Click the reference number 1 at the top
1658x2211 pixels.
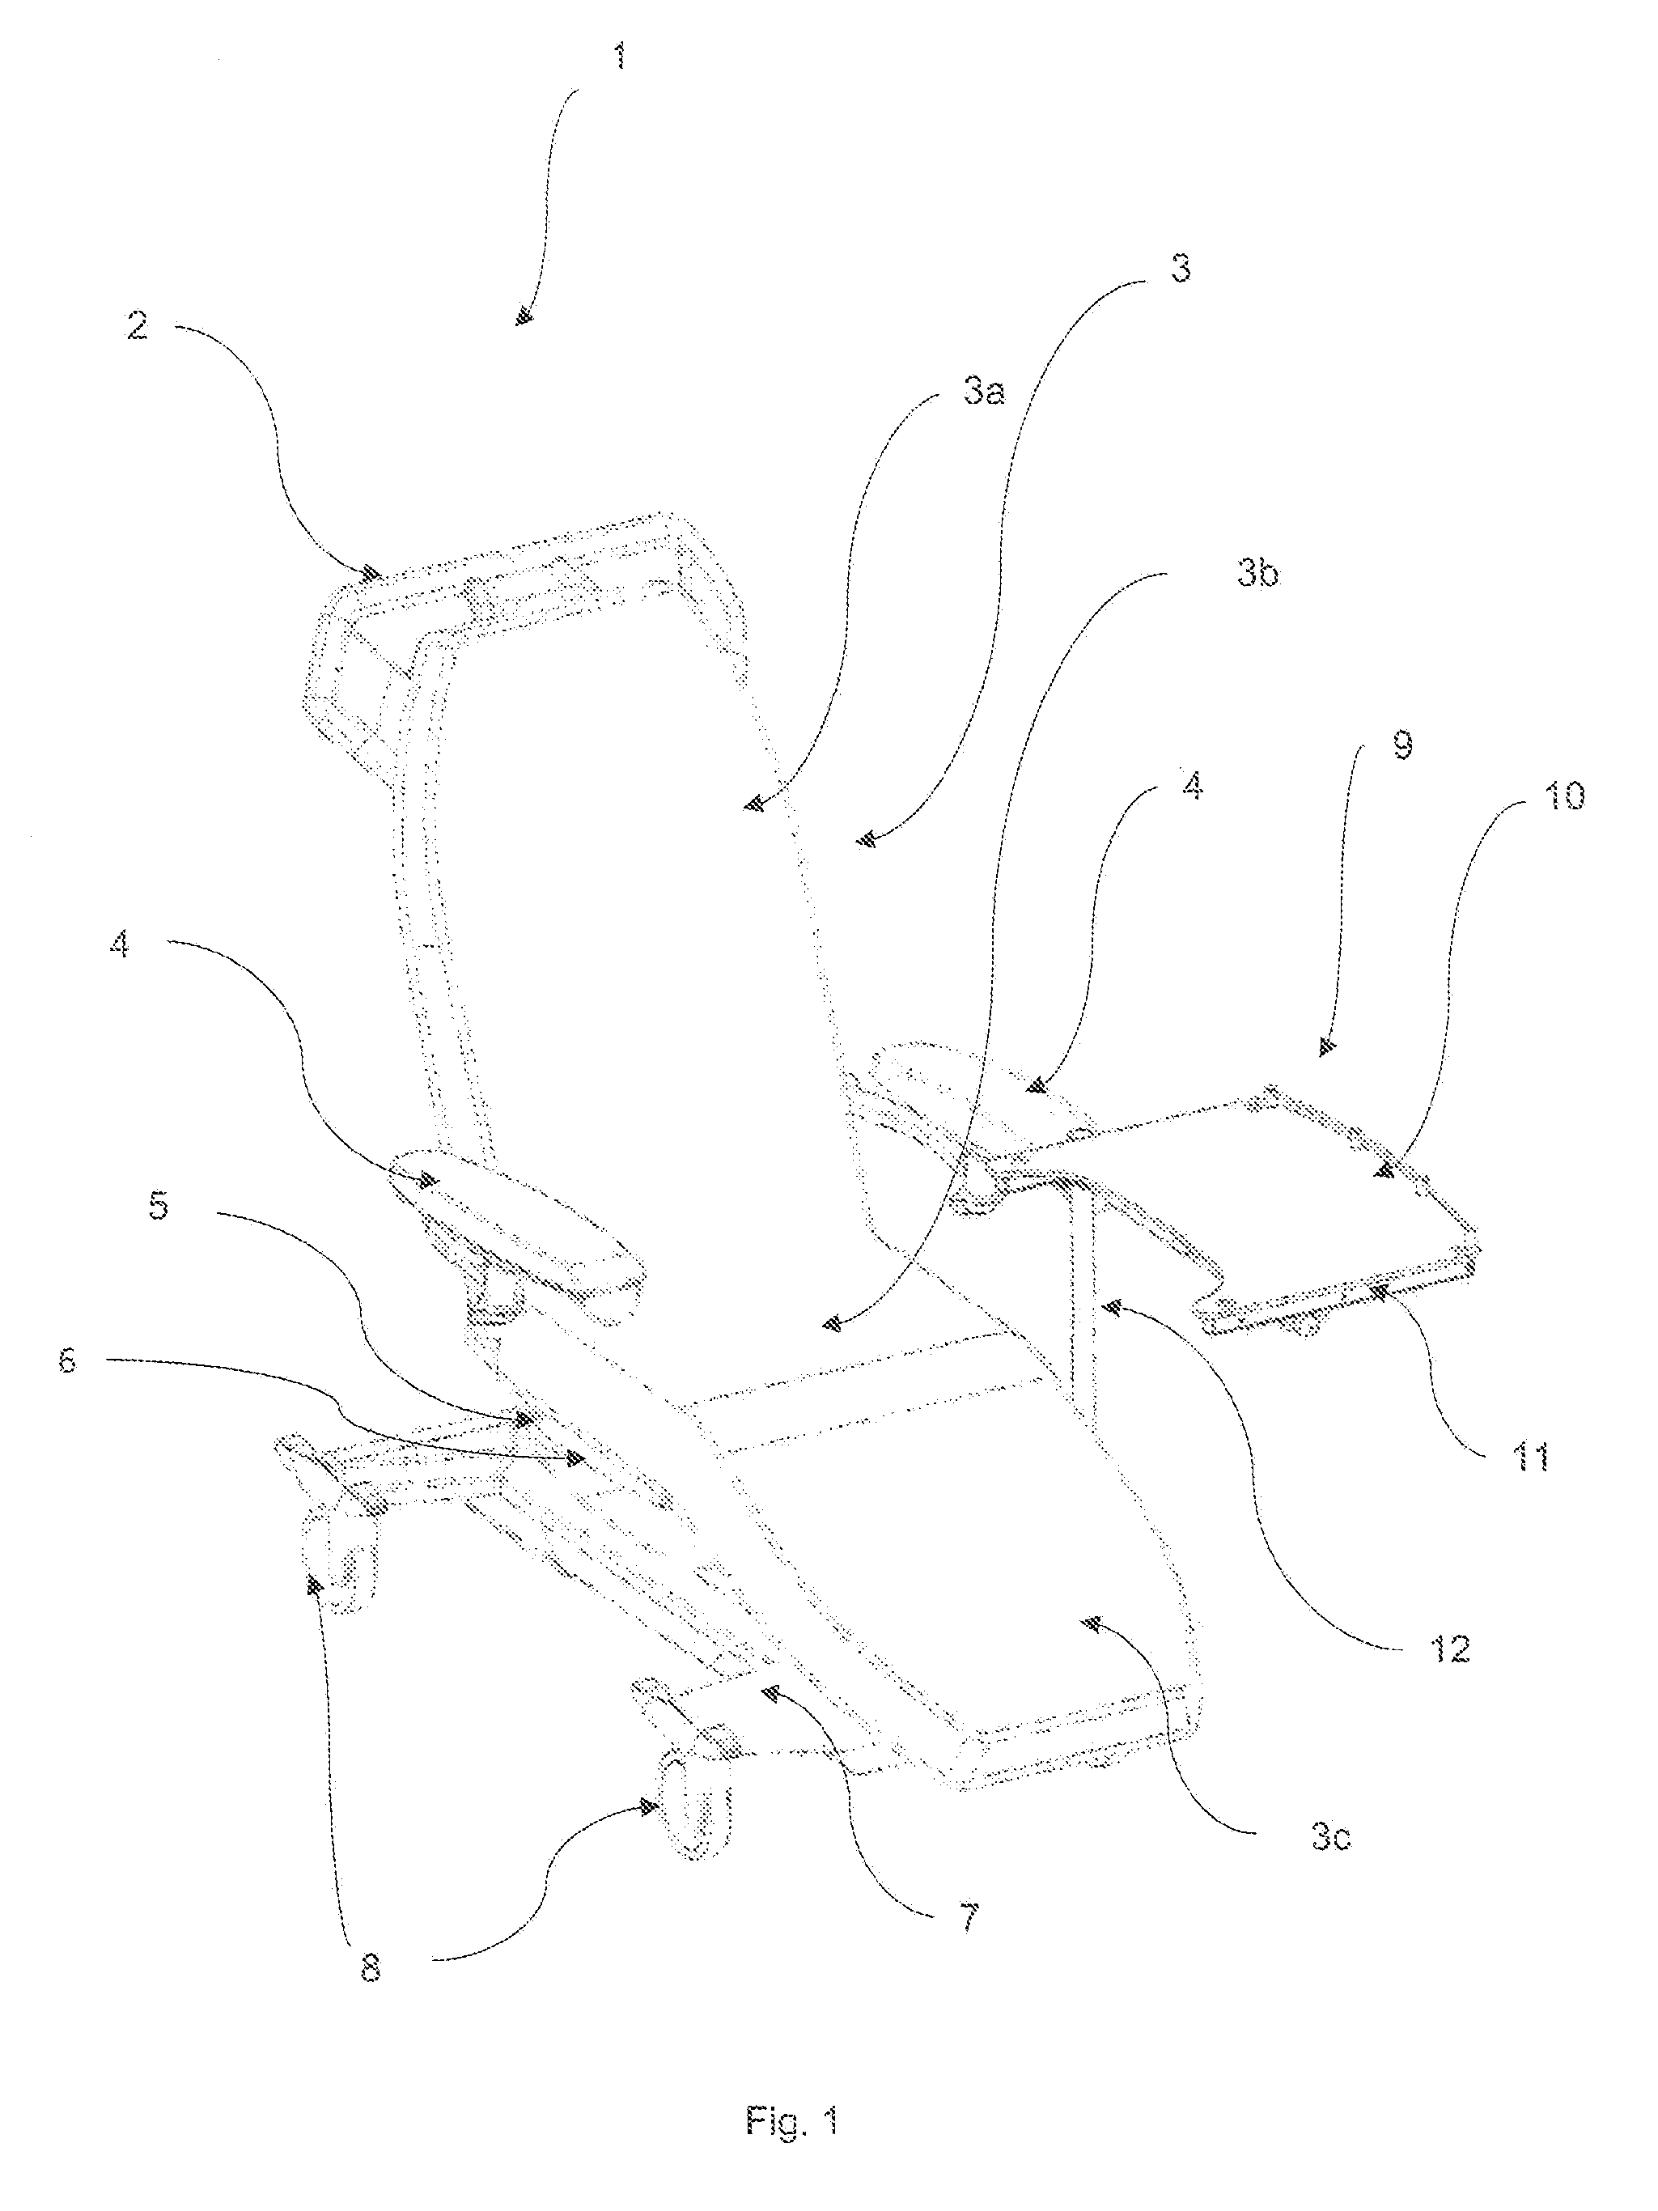coord(621,56)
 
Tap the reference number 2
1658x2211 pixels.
coord(137,325)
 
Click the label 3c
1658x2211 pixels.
coord(1331,1837)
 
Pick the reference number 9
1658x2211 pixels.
coord(1402,745)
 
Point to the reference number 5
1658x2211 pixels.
coord(158,1207)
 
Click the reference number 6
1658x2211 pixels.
coord(66,1360)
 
